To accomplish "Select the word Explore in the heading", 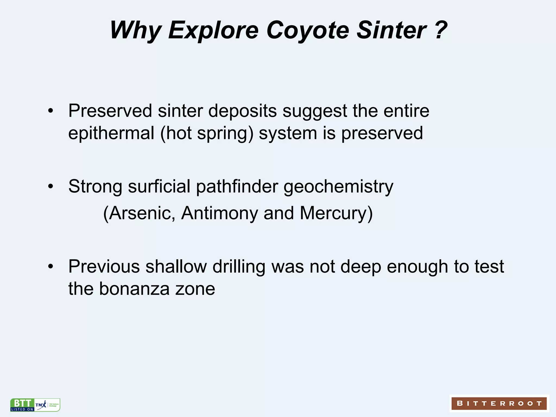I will (x=213, y=30).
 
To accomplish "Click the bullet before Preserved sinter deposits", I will (x=50, y=111).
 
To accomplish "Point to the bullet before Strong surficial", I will (x=50, y=187).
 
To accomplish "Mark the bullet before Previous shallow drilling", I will (x=50, y=267).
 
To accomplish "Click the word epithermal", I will (x=111, y=134).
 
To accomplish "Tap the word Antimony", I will (x=219, y=213).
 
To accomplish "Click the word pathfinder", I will (x=237, y=187).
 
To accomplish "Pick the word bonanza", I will (x=134, y=289).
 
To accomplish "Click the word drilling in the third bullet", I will (x=239, y=267).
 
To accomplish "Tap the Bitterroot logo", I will (x=499, y=403).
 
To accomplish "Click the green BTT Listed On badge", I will (x=22, y=405).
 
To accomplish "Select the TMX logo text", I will (x=41, y=405).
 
